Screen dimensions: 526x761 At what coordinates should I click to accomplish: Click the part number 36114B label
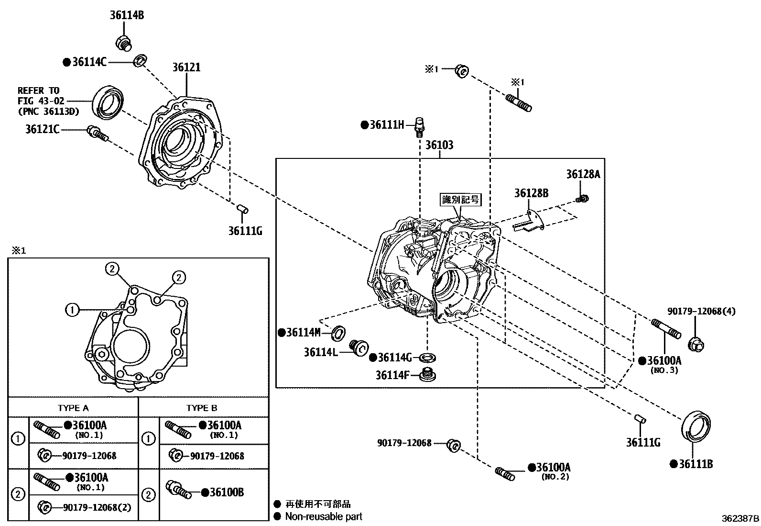[x=127, y=15]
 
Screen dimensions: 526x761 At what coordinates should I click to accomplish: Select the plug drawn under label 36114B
[x=124, y=42]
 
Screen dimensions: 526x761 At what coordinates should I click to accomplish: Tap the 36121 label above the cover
[x=186, y=67]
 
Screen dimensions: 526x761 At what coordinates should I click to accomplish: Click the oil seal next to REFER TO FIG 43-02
[x=109, y=102]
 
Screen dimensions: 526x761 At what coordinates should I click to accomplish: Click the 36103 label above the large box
[x=439, y=145]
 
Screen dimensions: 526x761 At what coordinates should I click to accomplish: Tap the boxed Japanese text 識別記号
[x=460, y=200]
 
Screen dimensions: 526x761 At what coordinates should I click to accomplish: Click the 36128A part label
[x=583, y=174]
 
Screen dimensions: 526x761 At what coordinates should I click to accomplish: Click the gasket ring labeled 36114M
[x=338, y=332]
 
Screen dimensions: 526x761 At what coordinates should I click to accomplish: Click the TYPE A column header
[x=73, y=408]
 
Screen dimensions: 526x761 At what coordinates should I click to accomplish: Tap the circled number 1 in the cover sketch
[x=72, y=310]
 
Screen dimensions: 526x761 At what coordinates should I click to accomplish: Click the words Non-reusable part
[x=324, y=516]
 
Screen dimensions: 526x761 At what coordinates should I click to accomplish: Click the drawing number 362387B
[x=740, y=518]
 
